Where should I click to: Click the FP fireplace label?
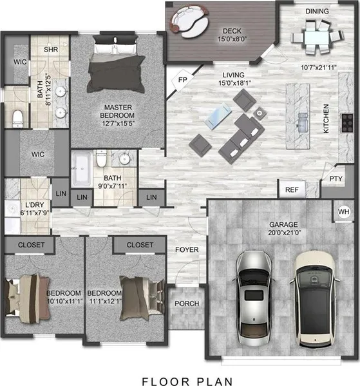tap(183, 80)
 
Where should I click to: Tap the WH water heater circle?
tap(344, 211)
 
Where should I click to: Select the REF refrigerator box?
tap(292, 189)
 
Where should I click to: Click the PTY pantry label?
tap(336, 179)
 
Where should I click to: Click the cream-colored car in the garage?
tap(315, 300)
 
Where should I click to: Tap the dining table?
tap(317, 37)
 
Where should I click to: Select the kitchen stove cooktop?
tap(347, 122)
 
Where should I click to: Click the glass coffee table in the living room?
tap(218, 116)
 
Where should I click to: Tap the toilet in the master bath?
tap(17, 119)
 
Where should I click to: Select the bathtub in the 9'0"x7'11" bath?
tap(82, 169)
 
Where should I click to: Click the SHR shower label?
tap(51, 50)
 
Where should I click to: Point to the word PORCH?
tap(187, 304)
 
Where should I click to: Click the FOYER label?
tap(187, 250)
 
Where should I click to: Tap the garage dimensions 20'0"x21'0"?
tap(285, 233)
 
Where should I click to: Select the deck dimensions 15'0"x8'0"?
tap(232, 39)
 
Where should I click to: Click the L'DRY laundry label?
tap(35, 205)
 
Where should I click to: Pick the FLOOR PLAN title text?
tap(187, 381)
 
